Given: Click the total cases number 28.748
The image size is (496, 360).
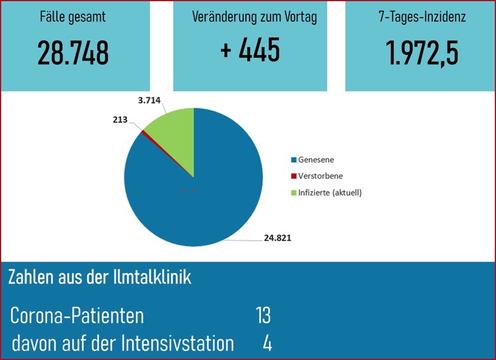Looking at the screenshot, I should pyautogui.click(x=73, y=53).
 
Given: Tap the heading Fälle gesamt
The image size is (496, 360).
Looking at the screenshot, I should pyautogui.click(x=73, y=17).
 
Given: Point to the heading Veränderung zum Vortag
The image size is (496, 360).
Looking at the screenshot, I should pyautogui.click(x=254, y=17).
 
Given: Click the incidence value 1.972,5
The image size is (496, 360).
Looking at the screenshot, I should pyautogui.click(x=423, y=53).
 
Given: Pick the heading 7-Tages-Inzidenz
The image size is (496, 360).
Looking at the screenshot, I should pyautogui.click(x=422, y=17).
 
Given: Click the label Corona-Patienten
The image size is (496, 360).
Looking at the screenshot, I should pyautogui.click(x=77, y=316).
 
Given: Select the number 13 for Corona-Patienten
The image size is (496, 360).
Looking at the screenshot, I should pyautogui.click(x=263, y=316).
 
